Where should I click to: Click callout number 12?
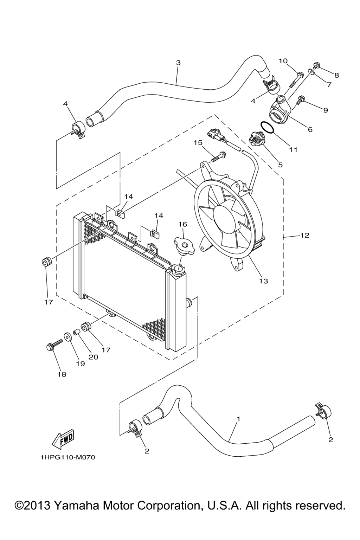point(304,235)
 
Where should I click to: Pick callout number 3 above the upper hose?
point(178,63)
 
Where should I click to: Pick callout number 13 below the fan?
point(264,281)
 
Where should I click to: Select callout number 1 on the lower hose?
point(238,419)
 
